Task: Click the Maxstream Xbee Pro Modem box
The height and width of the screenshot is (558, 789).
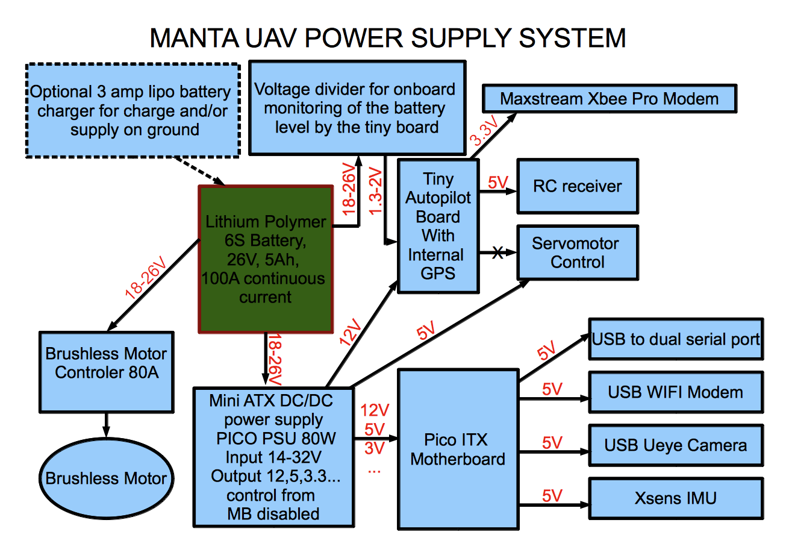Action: tap(610, 99)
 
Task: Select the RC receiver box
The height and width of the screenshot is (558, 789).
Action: tap(577, 186)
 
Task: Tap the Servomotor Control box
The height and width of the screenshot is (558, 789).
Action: tap(577, 252)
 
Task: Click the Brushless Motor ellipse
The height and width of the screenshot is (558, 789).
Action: tap(107, 478)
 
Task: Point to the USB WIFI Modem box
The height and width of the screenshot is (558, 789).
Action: tap(675, 392)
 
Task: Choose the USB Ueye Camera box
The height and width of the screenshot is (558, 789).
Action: tap(675, 445)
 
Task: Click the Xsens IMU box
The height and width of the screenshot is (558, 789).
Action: tap(675, 498)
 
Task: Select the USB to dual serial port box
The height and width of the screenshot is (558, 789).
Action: tap(675, 339)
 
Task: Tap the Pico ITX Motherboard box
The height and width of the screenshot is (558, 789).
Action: tap(458, 450)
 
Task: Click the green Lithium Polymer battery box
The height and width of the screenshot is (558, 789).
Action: tap(266, 259)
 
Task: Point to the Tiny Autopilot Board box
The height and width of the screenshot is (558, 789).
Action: tap(438, 226)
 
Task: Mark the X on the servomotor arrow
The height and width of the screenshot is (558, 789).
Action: tap(497, 252)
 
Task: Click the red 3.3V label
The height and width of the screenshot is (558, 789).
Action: tap(484, 131)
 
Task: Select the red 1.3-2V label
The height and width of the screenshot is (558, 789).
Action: tap(376, 191)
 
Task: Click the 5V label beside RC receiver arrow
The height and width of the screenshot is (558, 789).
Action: tap(498, 182)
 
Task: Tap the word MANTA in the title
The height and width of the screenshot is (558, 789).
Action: tap(194, 38)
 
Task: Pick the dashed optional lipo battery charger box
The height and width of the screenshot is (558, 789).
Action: tap(133, 111)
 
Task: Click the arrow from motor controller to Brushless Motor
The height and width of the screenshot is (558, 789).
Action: tap(107, 425)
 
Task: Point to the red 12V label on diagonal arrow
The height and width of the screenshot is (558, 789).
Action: tap(350, 332)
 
